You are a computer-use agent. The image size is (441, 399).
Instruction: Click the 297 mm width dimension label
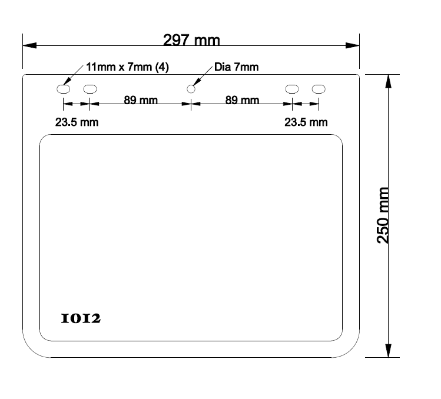point(191,40)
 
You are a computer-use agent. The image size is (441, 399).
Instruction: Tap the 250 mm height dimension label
point(383,215)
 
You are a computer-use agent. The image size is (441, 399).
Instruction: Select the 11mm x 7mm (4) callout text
point(127,67)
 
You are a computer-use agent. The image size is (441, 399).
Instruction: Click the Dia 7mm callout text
point(236,67)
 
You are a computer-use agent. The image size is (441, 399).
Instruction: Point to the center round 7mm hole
point(191,89)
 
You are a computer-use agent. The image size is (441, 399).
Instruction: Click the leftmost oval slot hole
point(63,89)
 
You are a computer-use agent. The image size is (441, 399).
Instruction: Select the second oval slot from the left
point(90,89)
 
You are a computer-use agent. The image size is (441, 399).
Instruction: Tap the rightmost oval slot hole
point(319,89)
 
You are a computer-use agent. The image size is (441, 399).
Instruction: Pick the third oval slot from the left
point(292,89)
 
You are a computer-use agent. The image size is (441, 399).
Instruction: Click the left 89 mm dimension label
point(141,99)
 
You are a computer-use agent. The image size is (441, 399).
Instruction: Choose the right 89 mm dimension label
point(242,99)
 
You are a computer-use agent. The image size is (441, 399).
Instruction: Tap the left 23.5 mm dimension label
point(77,122)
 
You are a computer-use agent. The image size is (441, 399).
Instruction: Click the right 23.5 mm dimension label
point(306,122)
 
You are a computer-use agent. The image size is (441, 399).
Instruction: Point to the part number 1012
point(81,318)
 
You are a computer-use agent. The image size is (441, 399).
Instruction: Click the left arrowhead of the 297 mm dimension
point(29,45)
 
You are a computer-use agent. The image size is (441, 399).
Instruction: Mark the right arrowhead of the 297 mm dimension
point(353,45)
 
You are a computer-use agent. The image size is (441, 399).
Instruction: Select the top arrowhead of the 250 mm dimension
point(388,82)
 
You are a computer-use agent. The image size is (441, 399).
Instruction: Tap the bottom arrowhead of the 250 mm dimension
point(388,351)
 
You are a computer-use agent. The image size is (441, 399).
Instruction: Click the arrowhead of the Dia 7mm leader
point(197,82)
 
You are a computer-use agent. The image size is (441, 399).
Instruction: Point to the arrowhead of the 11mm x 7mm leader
point(68,81)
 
